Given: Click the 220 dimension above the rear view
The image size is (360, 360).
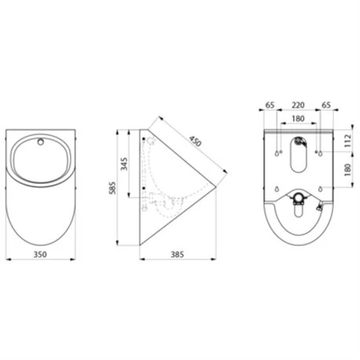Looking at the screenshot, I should (298, 103).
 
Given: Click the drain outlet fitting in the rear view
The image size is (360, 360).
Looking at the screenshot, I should (298, 203).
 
